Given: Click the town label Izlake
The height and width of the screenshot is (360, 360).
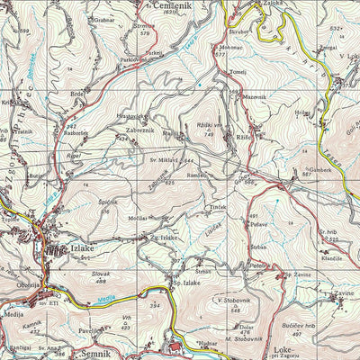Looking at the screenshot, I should coord(87,249).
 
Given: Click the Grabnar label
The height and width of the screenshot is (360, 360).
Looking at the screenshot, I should coord(103,19).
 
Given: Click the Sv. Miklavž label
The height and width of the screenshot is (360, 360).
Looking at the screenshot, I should coord(166,160).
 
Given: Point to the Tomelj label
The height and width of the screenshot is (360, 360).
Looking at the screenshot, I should coord(238,71).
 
